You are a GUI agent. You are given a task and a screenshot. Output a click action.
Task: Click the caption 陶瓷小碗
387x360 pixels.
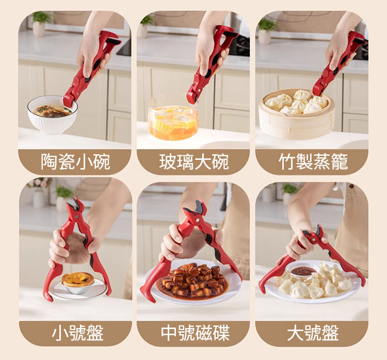click(75, 161)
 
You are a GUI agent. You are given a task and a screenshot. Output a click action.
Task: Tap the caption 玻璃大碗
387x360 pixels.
click(194, 161)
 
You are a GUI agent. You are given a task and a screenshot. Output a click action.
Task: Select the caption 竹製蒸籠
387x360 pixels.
click(313, 161)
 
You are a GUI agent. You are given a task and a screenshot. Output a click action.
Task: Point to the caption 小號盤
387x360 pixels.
click(77, 333)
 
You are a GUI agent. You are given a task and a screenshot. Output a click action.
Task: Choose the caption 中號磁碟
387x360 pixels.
click(195, 333)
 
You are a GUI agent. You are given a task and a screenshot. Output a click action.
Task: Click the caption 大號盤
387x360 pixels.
click(313, 333)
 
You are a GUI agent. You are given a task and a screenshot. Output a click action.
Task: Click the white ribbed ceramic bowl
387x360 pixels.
click(52, 116)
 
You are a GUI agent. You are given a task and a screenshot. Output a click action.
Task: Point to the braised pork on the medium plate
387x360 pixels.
click(193, 280)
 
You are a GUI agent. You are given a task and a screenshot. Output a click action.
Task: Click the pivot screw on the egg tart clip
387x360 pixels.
click(76, 217)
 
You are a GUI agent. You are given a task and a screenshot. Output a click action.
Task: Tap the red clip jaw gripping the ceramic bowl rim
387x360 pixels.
click(69, 101)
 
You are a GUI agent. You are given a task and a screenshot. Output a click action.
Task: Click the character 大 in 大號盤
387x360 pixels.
click(295, 333)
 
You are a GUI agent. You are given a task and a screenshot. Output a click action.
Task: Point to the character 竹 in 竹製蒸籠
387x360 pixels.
click(287, 161)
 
